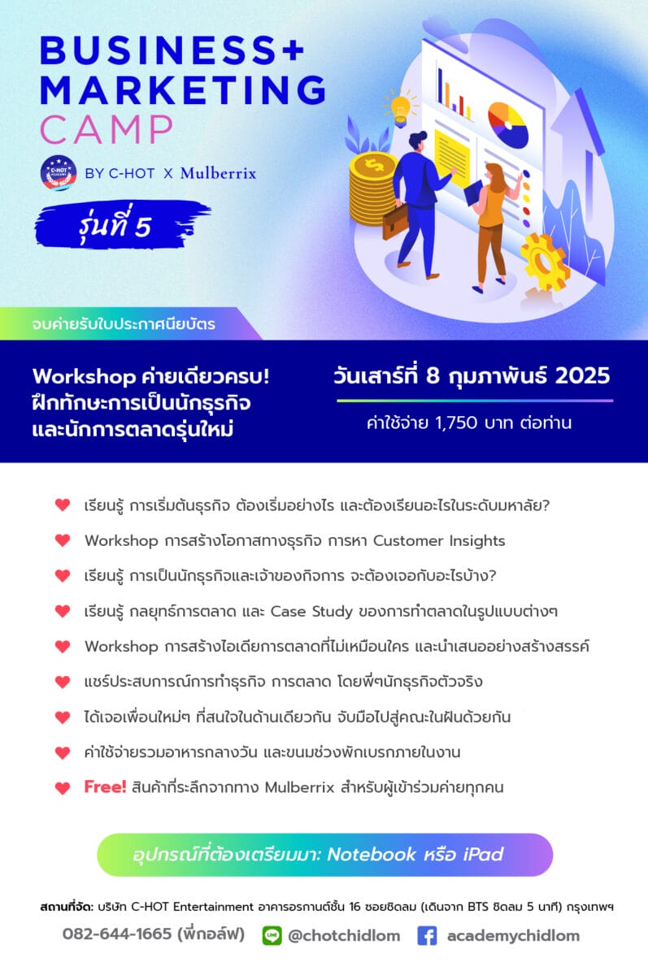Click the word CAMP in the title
(107, 130)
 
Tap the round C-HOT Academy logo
(59, 173)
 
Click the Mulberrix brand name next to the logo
(218, 173)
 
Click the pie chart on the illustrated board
(508, 124)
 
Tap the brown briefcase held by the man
(395, 220)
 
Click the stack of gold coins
(372, 189)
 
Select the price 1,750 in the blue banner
(456, 422)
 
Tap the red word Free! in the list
(105, 786)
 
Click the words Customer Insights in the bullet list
(439, 540)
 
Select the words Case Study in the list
(311, 612)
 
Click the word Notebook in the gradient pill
(371, 854)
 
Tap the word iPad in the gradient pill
(484, 854)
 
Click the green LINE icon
(272, 935)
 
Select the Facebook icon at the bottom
(427, 935)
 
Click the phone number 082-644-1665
(117, 934)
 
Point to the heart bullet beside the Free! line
(63, 788)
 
